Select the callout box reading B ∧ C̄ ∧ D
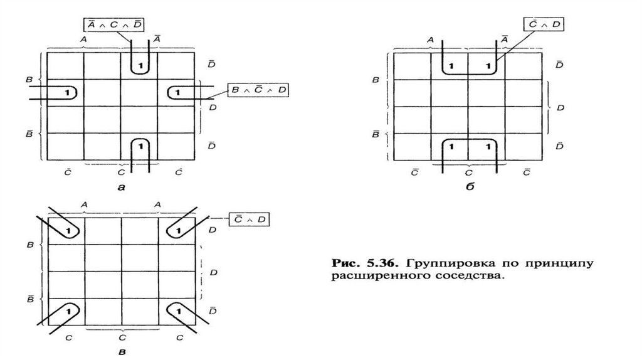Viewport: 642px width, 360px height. point(258,89)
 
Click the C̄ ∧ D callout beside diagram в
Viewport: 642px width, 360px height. point(250,219)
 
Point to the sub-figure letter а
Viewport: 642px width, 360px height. point(122,186)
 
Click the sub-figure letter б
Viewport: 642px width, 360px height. point(470,186)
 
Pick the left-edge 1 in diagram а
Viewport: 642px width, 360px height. point(66,93)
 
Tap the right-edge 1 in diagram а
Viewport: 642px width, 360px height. point(177,93)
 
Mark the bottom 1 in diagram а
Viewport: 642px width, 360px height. point(141,146)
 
